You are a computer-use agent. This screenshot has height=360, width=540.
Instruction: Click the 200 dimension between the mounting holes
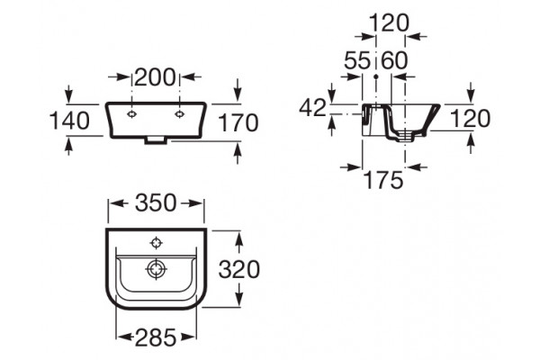[155, 77]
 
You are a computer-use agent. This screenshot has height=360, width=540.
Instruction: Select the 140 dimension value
[69, 121]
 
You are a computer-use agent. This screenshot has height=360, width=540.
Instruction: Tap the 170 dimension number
[238, 123]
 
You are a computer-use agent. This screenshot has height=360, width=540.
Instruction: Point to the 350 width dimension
[156, 202]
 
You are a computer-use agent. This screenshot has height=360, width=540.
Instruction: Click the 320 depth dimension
[239, 269]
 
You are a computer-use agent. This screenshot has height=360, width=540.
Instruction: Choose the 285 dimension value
[156, 337]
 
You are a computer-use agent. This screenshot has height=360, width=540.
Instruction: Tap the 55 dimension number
[357, 60]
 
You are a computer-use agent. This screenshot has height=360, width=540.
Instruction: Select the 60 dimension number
[395, 60]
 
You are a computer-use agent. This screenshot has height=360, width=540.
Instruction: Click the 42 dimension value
[312, 107]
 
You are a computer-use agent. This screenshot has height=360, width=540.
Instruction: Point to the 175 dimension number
[383, 180]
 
